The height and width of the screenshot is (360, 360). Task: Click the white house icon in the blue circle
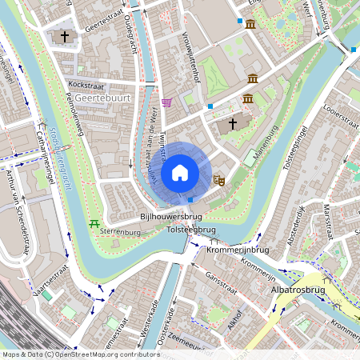click(180, 173)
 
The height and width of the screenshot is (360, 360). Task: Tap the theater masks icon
click(218, 181)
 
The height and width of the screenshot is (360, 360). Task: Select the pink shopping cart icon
click(166, 102)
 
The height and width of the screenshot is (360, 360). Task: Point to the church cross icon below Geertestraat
click(65, 37)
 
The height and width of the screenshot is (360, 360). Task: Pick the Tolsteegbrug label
click(191, 230)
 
